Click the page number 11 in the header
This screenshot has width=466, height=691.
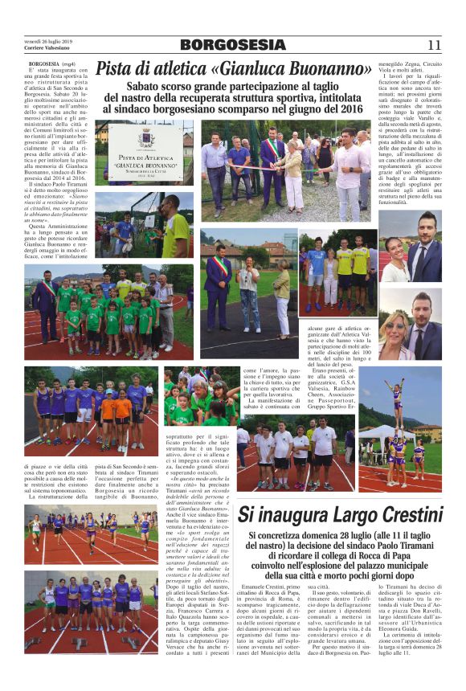click(x=433, y=45)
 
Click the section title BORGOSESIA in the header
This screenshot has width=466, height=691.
click(x=233, y=45)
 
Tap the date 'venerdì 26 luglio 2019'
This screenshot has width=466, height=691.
click(x=49, y=41)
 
